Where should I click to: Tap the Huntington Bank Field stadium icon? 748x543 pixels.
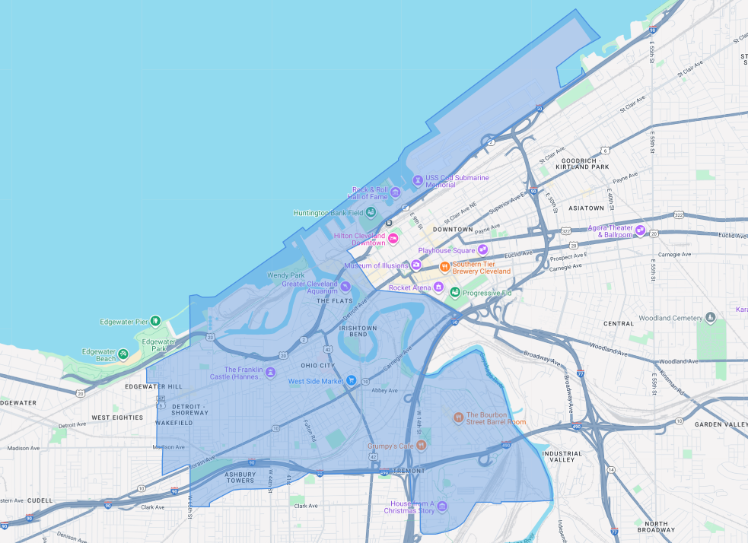(371, 212)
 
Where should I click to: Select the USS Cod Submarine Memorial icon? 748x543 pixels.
(417, 180)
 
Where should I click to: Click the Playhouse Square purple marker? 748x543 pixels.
(482, 250)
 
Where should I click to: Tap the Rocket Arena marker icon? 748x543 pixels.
(438, 287)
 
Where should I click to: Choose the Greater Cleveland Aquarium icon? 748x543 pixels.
(345, 287)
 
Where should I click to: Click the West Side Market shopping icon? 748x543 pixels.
(351, 380)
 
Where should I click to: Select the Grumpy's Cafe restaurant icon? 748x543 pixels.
(421, 446)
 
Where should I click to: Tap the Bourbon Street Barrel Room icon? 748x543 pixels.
(458, 418)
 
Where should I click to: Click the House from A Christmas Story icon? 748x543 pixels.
(442, 507)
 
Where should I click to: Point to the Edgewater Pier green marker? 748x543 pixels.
(155, 322)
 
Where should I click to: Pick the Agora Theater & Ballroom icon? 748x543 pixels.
(641, 230)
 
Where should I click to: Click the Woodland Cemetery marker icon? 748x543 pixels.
(709, 316)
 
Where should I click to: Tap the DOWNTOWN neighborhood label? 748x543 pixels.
(453, 229)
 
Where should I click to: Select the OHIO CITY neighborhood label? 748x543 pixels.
(317, 365)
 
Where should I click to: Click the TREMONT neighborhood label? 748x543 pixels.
(410, 471)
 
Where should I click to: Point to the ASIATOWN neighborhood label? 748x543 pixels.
(587, 208)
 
